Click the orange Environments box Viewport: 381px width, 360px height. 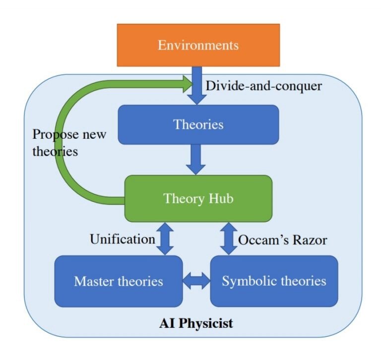(198, 45)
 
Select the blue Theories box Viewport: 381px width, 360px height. (198, 124)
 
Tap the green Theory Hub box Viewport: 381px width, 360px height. (198, 198)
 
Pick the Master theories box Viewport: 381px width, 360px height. (119, 282)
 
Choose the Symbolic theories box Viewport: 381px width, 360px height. (274, 282)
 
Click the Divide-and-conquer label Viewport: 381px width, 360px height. (264, 86)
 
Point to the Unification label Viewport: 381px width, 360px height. (122, 239)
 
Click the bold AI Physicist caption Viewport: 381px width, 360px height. (196, 324)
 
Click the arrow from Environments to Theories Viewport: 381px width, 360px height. (198, 87)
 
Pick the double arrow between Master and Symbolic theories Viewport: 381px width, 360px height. (196, 282)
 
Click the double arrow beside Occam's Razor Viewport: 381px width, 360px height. (229, 239)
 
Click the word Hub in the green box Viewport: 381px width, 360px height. (220, 198)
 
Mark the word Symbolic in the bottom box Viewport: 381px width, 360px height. (245, 282)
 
